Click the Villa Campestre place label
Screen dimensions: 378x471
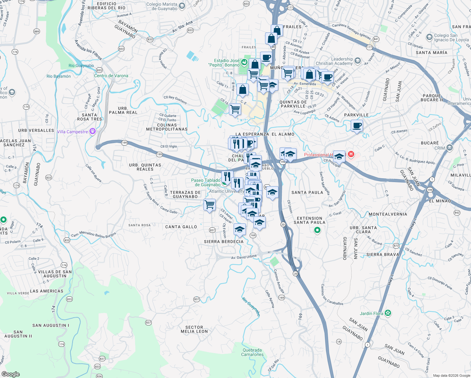[72, 132]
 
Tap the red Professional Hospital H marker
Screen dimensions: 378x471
[351, 155]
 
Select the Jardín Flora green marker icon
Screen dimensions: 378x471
[388, 313]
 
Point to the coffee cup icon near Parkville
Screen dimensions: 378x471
[357, 126]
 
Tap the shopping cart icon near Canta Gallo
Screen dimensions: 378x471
[209, 205]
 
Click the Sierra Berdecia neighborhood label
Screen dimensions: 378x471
[224, 242]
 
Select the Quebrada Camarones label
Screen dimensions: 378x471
[252, 352]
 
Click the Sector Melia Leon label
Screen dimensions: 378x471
[194, 329]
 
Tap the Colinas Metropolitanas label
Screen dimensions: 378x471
[167, 127]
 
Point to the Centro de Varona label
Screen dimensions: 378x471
[111, 76]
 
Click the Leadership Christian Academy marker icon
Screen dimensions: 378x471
[357, 60]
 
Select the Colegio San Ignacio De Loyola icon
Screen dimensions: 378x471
[429, 37]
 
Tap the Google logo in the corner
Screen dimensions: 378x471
[10, 374]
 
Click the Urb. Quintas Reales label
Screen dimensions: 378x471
[145, 167]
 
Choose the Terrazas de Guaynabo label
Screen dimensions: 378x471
[185, 194]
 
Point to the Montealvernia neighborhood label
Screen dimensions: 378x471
[388, 214]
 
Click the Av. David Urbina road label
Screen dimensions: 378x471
[244, 257]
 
